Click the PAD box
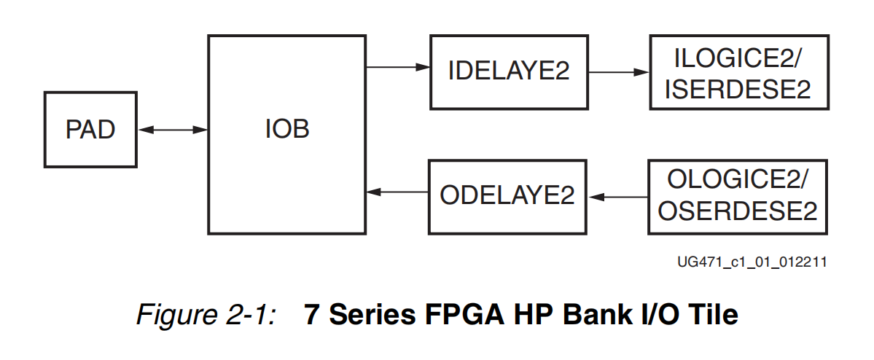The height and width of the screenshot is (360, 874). point(90,130)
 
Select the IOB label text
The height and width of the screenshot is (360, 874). point(286,130)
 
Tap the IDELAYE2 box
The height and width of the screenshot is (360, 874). point(509,71)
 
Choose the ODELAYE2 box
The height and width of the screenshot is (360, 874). point(507,195)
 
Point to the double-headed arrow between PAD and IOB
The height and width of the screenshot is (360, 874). point(173,130)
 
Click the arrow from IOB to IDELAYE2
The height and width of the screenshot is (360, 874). point(397,67)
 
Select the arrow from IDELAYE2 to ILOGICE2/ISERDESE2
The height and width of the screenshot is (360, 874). point(618,72)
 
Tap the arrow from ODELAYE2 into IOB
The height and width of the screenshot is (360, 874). point(397,192)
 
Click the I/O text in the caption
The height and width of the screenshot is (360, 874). point(651,315)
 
